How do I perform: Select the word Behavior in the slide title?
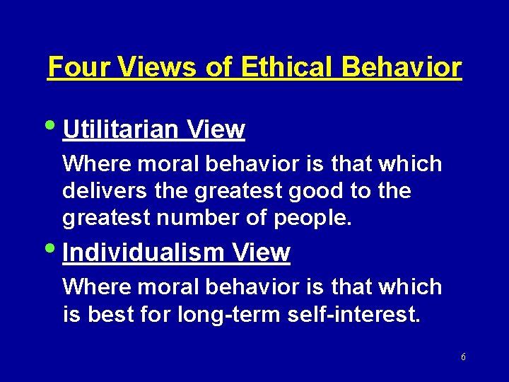pyautogui.click(x=402, y=68)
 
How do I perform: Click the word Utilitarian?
pyautogui.click(x=122, y=130)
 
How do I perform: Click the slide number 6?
pyautogui.click(x=463, y=357)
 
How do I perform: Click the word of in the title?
pyautogui.click(x=219, y=68)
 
